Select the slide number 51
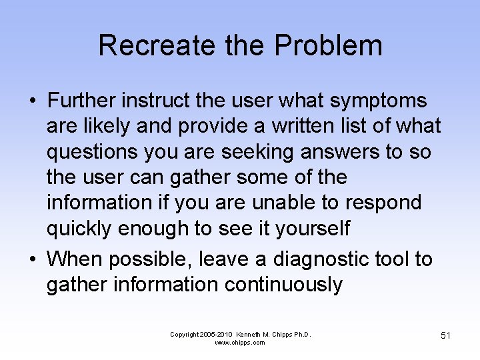[x=445, y=335]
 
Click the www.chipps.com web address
[x=240, y=343]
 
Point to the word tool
[x=392, y=259]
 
